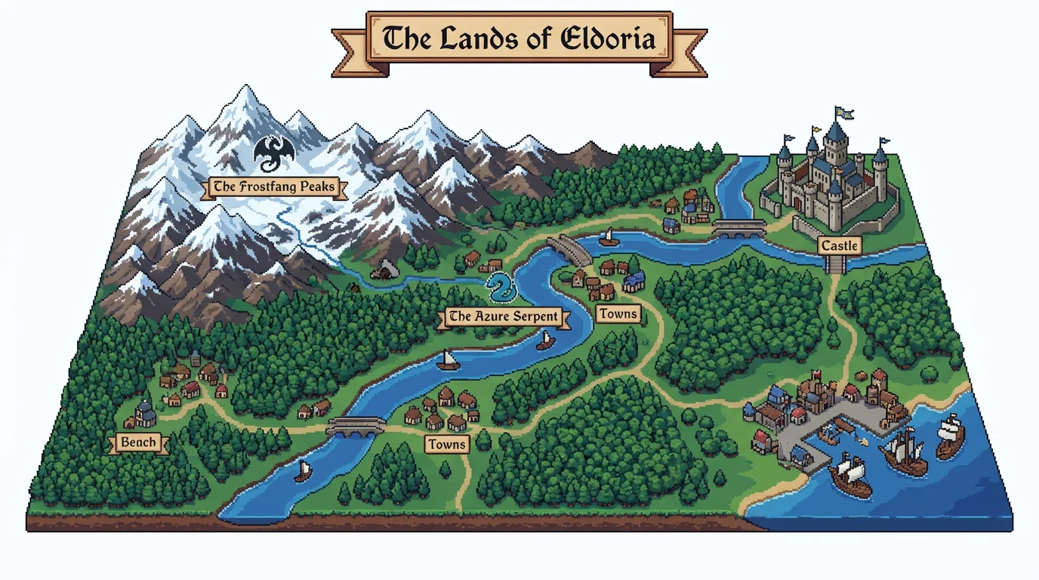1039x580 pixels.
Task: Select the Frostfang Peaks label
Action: pos(273,187)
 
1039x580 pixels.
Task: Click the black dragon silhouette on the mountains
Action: pos(273,153)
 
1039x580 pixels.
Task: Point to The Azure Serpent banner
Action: pos(502,317)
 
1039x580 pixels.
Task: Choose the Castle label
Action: pos(839,245)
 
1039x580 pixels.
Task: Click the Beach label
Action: pos(138,443)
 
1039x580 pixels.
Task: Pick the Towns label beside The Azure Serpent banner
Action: pos(618,313)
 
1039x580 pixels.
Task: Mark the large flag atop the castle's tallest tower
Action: pos(843,113)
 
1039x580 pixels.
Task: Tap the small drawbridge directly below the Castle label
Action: pos(837,264)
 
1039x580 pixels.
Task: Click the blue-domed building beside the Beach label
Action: pos(145,412)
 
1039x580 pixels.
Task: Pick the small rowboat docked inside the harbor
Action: pos(829,434)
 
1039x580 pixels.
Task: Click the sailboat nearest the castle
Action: pos(608,238)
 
